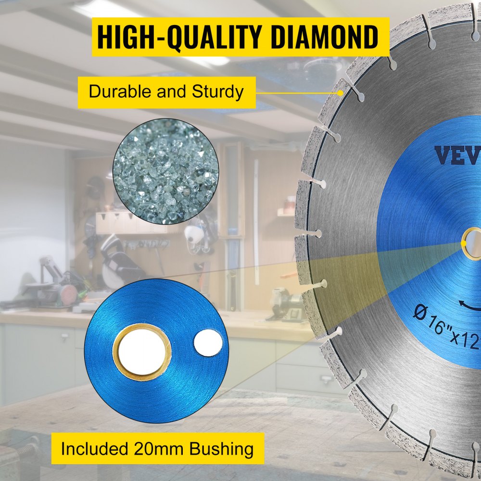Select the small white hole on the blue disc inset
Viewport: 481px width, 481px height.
pos(208,343)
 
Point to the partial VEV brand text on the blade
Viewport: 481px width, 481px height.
pos(457,155)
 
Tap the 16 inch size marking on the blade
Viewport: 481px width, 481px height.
pos(435,317)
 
